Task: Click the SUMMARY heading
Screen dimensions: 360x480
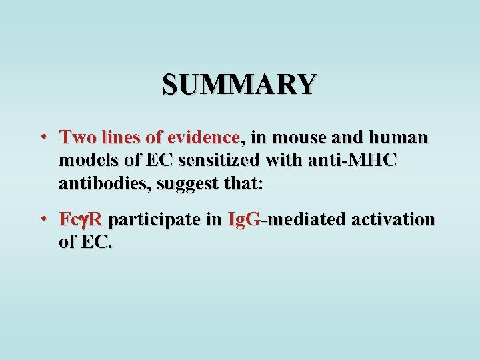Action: click(x=239, y=85)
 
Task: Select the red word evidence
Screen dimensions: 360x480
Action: click(x=203, y=138)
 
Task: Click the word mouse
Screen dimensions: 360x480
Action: click(x=299, y=138)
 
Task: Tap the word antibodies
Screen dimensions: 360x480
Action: click(x=104, y=183)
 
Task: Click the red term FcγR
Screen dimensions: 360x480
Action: click(x=81, y=219)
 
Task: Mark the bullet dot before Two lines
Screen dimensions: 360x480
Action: click(x=42, y=138)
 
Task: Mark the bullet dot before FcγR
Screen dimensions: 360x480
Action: click(x=42, y=219)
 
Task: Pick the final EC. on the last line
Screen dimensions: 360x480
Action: click(x=97, y=242)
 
